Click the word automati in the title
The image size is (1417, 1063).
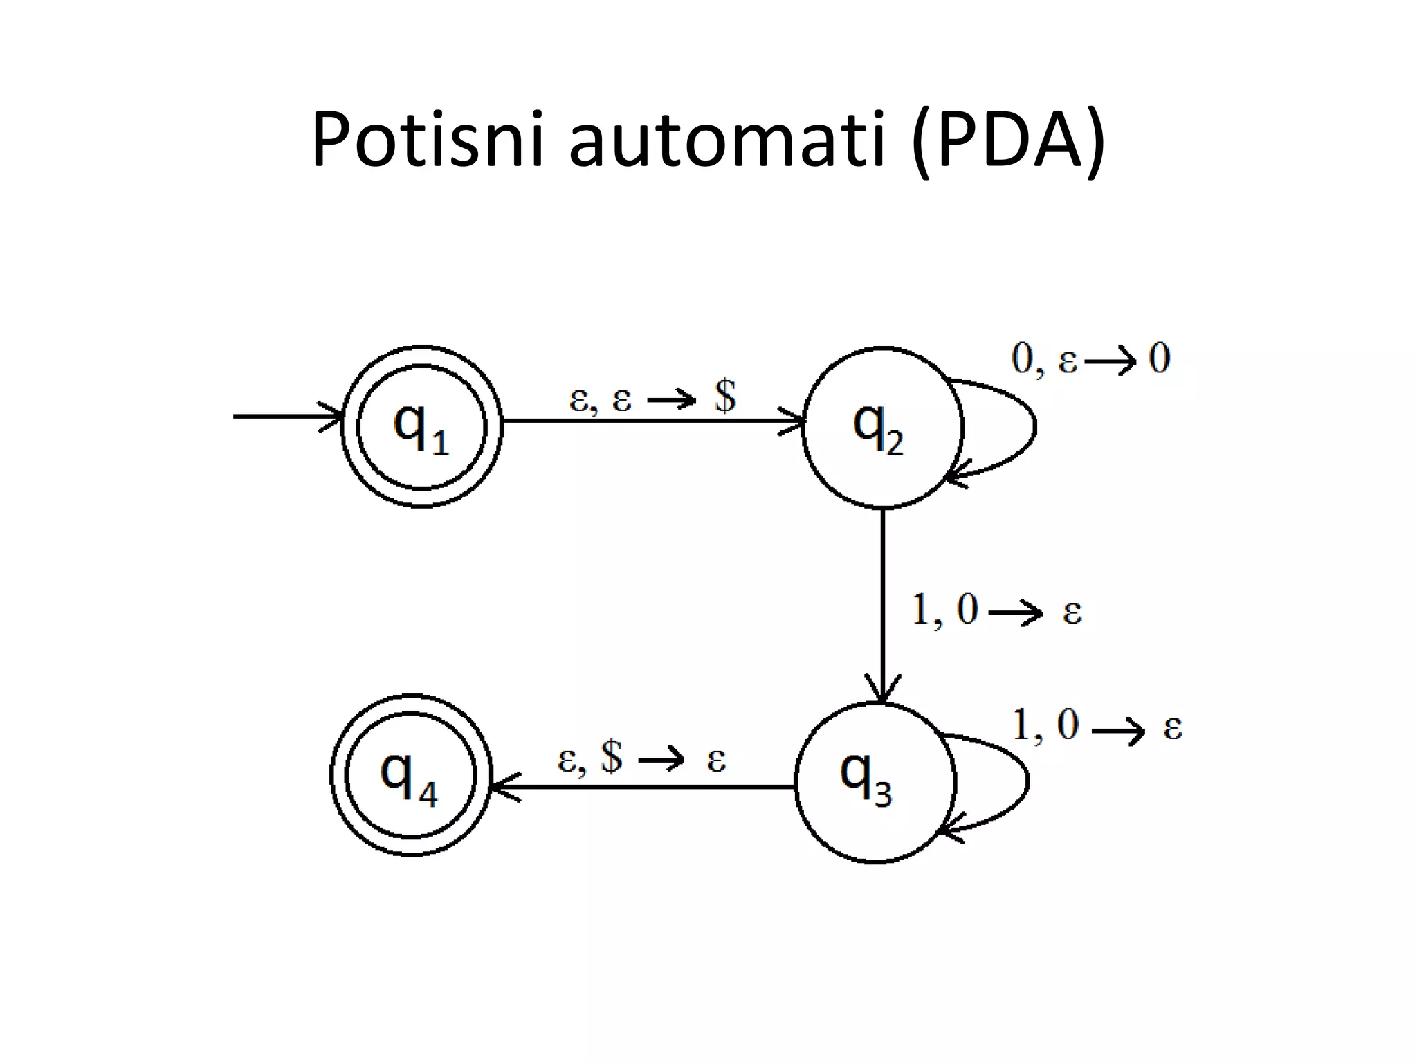coord(727,140)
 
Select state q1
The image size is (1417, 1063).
coord(421,426)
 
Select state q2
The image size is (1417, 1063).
coord(882,427)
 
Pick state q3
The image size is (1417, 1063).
coord(875,783)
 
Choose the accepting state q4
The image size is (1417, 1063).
coord(411,775)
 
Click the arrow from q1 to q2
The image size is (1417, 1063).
coord(650,420)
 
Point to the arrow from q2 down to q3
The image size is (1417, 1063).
coord(882,602)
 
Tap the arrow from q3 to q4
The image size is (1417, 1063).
coord(643,787)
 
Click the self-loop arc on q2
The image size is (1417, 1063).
coord(1034,427)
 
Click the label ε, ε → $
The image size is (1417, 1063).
coord(652,398)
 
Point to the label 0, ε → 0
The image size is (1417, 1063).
coord(1090,359)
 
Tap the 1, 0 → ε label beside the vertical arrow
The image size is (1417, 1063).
coord(996,611)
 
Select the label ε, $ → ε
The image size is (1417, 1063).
coord(641,758)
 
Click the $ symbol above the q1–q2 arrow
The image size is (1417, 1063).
coord(725,397)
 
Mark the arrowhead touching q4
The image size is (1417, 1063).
coord(502,787)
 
